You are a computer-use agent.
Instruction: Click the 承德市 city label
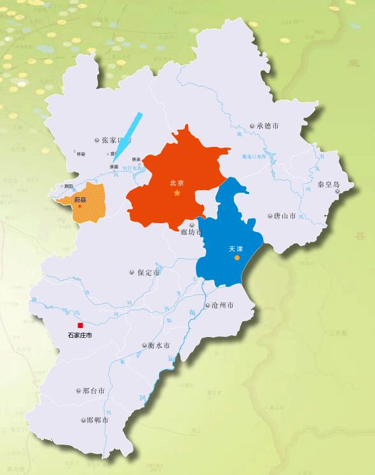(268, 126)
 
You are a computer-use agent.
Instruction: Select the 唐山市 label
(283, 216)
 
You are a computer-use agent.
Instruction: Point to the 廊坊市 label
(191, 232)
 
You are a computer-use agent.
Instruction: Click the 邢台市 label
(93, 390)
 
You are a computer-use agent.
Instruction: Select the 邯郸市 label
(97, 420)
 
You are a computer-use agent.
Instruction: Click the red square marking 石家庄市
(80, 325)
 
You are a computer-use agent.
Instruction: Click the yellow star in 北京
(177, 192)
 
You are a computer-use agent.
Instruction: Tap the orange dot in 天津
(236, 258)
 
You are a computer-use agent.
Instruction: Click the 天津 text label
(236, 249)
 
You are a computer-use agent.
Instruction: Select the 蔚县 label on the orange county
(80, 200)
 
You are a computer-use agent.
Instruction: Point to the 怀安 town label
(80, 154)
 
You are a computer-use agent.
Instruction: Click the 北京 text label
(177, 182)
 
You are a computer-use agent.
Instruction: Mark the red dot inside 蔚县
(80, 206)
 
